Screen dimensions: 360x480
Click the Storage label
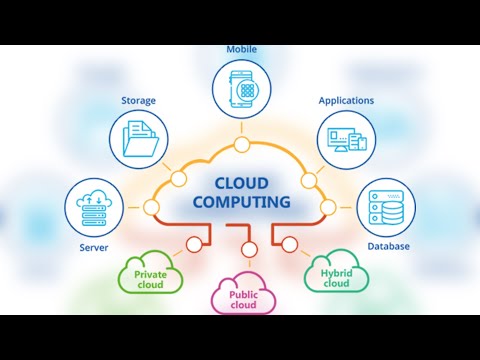(x=138, y=100)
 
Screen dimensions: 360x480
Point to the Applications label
(x=346, y=100)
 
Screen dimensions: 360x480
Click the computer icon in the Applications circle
(x=346, y=139)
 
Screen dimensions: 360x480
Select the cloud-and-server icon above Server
(x=93, y=206)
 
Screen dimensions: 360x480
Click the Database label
(x=387, y=246)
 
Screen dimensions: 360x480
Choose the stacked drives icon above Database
(x=385, y=206)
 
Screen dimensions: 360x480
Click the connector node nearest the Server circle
(x=151, y=207)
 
